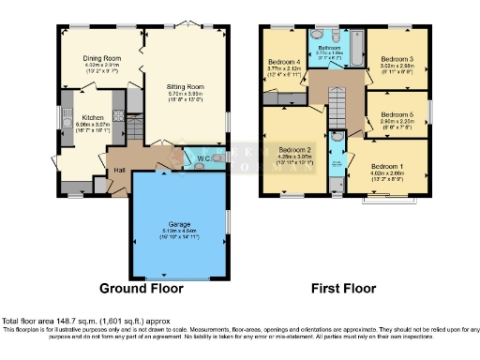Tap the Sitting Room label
186,86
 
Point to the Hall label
120,169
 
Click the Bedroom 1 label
388,165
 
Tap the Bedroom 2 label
296,149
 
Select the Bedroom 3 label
397,58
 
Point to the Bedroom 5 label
397,113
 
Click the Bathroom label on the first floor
328,47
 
